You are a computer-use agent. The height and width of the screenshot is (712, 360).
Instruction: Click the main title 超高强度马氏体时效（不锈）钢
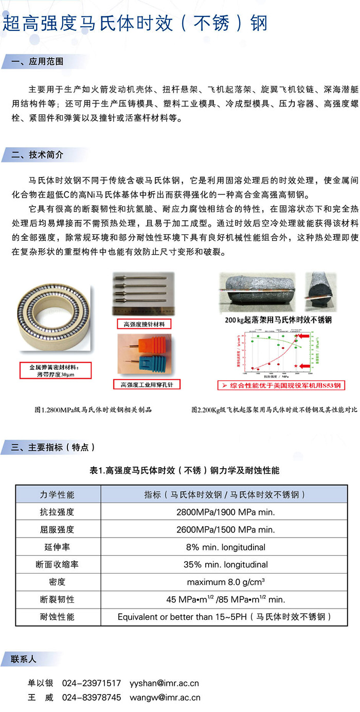point(135,24)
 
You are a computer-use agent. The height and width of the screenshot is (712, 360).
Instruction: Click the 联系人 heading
point(24,659)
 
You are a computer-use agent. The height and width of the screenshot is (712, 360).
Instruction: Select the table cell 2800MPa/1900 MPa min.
point(226,512)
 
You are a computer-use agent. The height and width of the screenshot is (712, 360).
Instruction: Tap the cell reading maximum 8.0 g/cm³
point(226,582)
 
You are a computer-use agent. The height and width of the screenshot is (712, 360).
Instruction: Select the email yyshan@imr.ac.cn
point(164,683)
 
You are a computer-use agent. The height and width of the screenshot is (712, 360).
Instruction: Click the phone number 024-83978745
point(92,698)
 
